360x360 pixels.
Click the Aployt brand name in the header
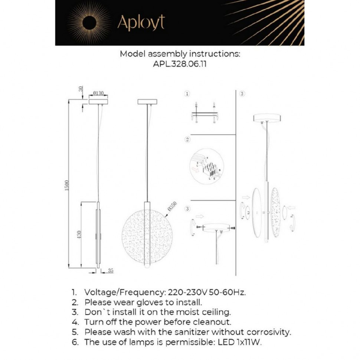click(x=141, y=23)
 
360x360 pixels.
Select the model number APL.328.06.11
click(x=180, y=63)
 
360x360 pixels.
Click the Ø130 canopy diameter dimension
click(x=98, y=93)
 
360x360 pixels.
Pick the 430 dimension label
click(x=79, y=234)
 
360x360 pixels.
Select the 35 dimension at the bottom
click(x=110, y=271)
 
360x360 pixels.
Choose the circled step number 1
click(x=187, y=94)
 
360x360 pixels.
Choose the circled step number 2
click(x=187, y=140)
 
